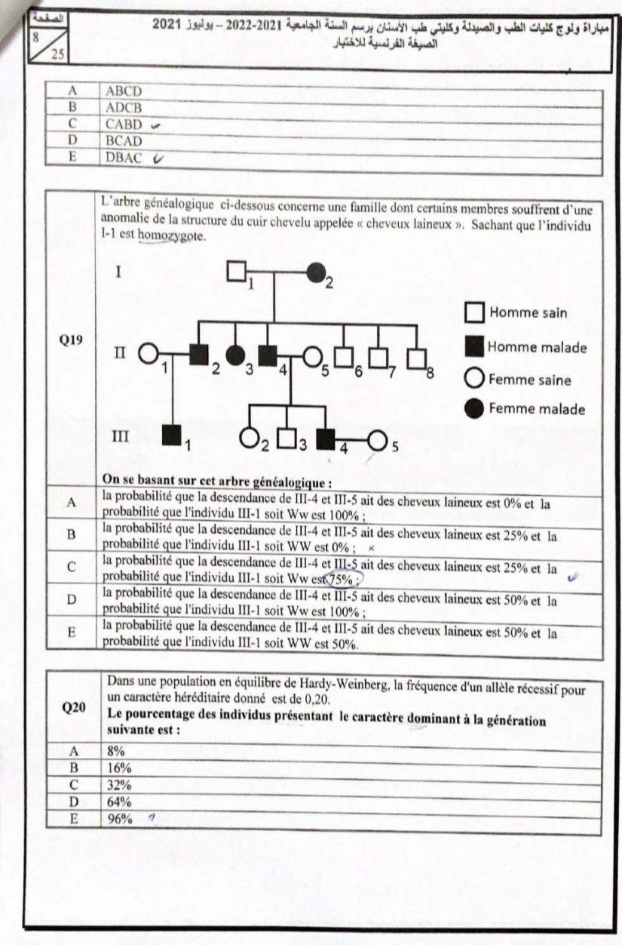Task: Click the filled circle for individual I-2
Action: pos(315,272)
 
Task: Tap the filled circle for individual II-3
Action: pos(236,353)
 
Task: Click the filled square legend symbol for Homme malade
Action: pos(475,347)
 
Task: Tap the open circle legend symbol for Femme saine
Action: pos(475,379)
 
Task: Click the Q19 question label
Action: pos(72,340)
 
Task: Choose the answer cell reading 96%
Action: pos(120,817)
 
